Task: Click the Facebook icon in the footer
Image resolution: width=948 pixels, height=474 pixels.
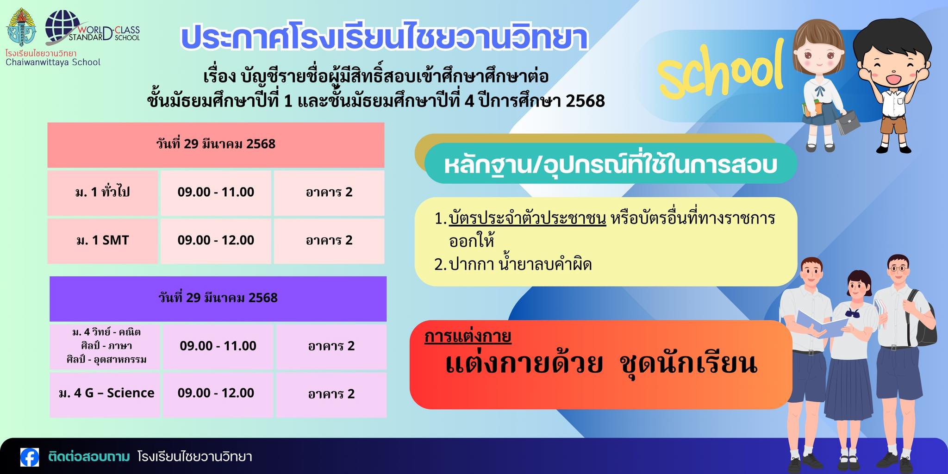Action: (30, 457)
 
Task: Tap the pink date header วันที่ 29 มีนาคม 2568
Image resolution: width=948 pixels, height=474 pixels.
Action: (216, 144)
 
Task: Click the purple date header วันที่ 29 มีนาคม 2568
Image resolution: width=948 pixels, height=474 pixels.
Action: (218, 298)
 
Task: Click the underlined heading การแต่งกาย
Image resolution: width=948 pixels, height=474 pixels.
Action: (468, 336)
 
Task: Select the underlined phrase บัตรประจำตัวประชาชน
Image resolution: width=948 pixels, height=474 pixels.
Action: (527, 218)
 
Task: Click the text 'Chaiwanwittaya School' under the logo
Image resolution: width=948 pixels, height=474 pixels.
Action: (53, 62)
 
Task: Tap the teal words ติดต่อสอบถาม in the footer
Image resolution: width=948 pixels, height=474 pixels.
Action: (89, 457)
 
